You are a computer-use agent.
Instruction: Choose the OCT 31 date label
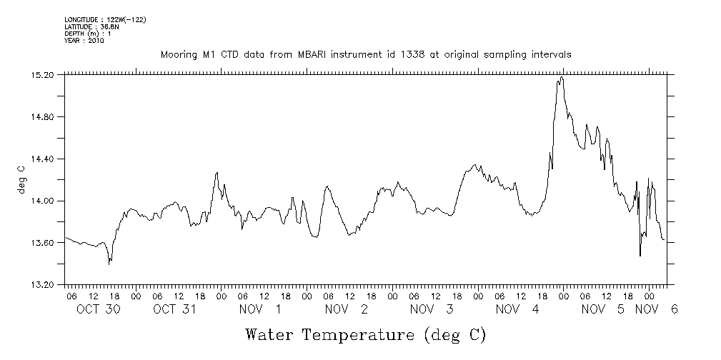point(174,309)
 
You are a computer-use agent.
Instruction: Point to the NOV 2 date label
point(347,309)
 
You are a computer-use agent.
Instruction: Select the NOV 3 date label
point(432,309)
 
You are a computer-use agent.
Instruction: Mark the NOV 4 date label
point(517,309)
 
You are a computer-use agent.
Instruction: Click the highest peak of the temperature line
point(562,77)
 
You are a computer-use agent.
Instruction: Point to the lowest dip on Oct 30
point(109,264)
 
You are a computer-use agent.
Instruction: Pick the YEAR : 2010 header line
point(84,41)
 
